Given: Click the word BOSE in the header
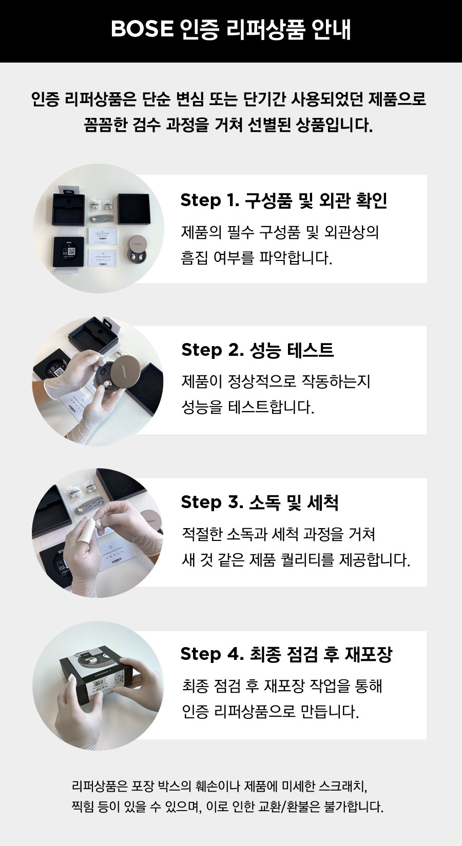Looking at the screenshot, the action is coord(142,29).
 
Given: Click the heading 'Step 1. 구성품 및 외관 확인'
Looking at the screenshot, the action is coord(283,200).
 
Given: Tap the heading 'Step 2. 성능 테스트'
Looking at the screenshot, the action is coord(258,350).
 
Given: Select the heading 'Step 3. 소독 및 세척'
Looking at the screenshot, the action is coord(260,502).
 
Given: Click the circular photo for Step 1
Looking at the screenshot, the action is coord(98,229).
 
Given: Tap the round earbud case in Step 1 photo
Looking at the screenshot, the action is coord(140,250).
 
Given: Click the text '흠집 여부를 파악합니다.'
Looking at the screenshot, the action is coord(257,258).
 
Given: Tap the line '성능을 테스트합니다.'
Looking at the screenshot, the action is coord(248,407).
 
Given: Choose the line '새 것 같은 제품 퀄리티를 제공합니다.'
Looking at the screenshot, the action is coord(296,559).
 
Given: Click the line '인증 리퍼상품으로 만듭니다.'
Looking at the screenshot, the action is coord(271,711).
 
